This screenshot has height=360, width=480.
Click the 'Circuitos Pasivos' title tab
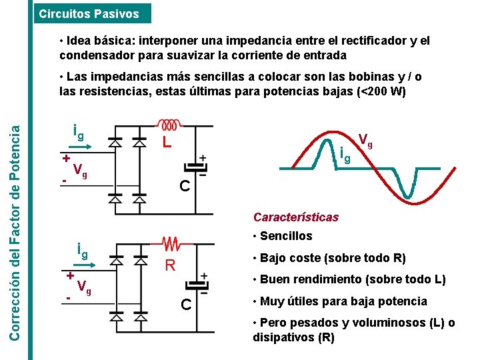coord(89,13)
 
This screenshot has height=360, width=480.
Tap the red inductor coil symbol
coord(167,125)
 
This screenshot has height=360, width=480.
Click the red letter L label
coord(167,143)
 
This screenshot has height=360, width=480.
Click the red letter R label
coord(170,266)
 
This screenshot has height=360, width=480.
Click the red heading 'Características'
coord(295,217)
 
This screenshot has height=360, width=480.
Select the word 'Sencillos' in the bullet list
coord(286,236)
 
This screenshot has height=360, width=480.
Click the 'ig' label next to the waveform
coord(345,156)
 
